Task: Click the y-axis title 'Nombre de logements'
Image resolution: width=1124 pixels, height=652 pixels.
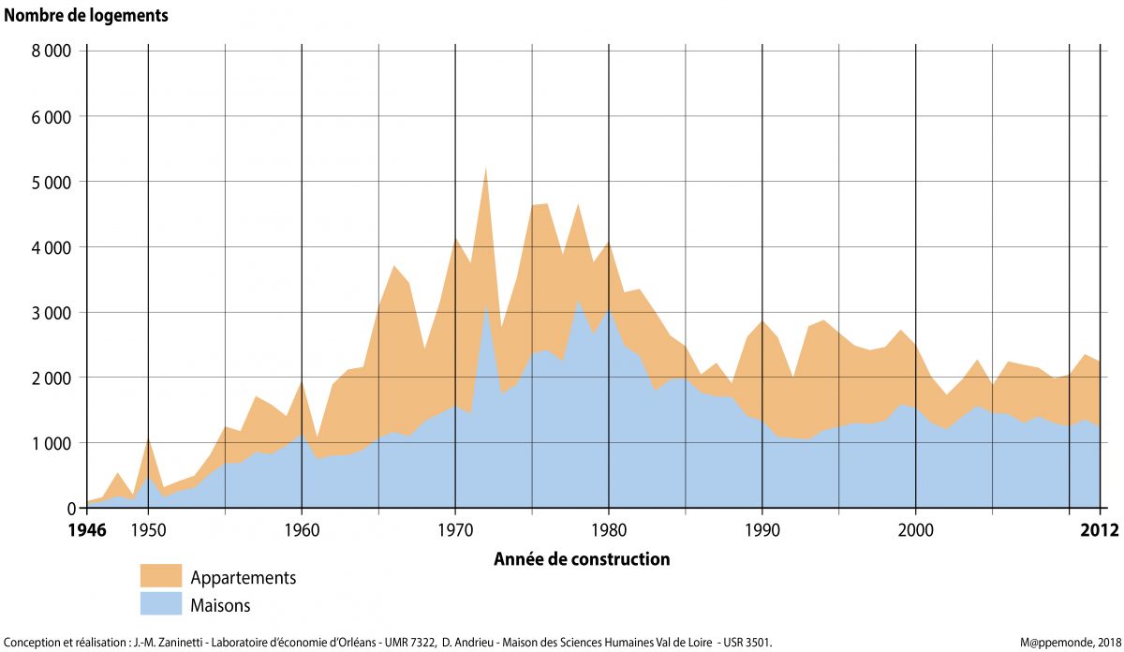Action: click(x=87, y=16)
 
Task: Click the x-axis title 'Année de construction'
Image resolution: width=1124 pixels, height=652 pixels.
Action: click(x=581, y=559)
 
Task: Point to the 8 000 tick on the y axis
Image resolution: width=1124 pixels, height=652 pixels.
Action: click(x=52, y=51)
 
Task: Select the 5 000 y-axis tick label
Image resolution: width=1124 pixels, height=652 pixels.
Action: click(x=52, y=181)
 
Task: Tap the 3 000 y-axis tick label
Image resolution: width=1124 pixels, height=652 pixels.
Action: click(x=52, y=312)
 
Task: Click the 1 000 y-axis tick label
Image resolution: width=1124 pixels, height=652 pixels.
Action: click(x=52, y=442)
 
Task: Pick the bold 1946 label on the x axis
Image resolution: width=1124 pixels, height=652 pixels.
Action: click(x=87, y=530)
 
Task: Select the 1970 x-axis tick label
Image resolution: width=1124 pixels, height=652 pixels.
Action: click(x=455, y=530)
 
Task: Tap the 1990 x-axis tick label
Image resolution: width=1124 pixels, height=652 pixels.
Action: click(x=762, y=530)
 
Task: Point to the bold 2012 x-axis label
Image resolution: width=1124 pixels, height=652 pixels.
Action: click(x=1099, y=530)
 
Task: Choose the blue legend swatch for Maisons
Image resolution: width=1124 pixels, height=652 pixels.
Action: click(x=160, y=603)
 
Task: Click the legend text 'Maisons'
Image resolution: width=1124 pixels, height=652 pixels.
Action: click(x=220, y=605)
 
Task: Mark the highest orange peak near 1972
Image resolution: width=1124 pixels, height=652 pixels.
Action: click(x=486, y=170)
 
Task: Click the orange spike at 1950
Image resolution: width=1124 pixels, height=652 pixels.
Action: click(x=148, y=441)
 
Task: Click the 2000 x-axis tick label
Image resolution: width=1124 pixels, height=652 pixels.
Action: click(x=916, y=530)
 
